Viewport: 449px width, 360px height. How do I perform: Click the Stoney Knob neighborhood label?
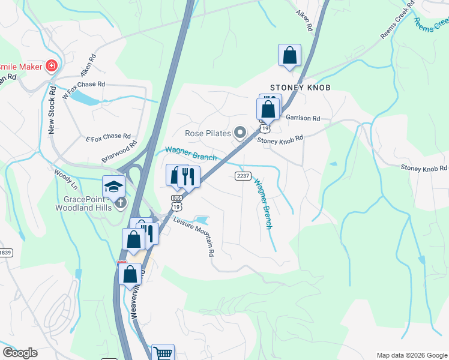[300, 87]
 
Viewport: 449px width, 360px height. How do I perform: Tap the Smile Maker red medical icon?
[52, 65]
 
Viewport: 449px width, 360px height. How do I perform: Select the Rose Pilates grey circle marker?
[240, 132]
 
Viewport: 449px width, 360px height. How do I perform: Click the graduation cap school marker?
[113, 187]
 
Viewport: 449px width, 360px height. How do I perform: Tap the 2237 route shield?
[242, 176]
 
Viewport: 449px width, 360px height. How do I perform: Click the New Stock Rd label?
[52, 110]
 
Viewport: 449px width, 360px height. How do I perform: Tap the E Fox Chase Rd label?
[108, 137]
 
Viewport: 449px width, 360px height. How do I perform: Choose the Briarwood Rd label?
[119, 152]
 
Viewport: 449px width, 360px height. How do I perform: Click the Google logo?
[20, 353]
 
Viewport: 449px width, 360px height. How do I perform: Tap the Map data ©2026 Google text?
[411, 355]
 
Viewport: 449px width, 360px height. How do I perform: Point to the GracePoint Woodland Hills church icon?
[121, 202]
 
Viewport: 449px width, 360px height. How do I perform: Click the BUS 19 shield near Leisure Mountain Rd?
[176, 202]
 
